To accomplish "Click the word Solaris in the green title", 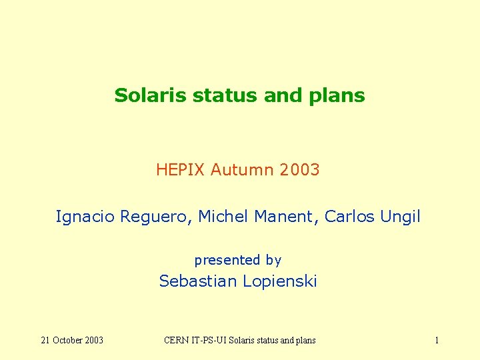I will coord(151,95).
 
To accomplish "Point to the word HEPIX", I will coord(181,170).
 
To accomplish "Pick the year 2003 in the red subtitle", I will coord(300,170).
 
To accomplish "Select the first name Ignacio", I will coord(85,217).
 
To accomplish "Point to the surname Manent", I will coord(283,217).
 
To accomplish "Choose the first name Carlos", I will coord(349,217).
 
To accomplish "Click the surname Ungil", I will coord(400,217).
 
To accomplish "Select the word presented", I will coord(227,260).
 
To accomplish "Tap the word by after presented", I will coord(273,261).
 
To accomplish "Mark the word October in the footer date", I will coord(69,341).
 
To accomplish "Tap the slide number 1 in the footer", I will coord(437,341).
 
